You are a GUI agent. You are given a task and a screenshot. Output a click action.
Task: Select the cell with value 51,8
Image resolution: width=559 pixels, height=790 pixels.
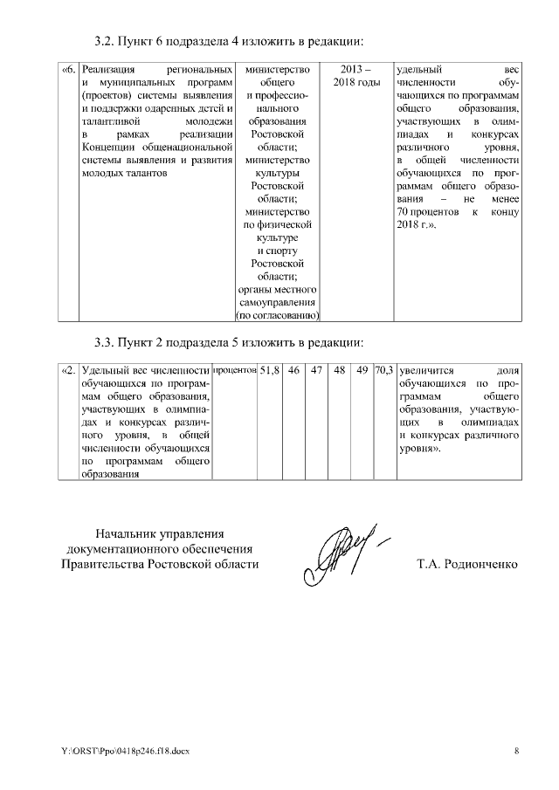[269, 370]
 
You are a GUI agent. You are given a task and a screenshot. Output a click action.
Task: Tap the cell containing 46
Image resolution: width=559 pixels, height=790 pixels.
[294, 370]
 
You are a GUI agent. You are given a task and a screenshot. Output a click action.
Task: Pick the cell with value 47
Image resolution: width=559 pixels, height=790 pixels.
[317, 370]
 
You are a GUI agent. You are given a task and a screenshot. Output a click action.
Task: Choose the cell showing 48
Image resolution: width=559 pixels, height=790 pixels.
[340, 370]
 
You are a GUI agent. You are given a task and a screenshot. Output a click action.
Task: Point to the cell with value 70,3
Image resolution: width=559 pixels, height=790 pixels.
[383, 370]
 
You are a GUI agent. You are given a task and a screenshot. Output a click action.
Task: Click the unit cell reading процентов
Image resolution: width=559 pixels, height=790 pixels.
[234, 370]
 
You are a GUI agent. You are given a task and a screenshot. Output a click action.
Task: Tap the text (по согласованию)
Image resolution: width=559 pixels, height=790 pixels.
[278, 315]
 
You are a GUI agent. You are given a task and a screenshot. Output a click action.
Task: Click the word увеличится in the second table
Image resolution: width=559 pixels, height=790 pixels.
[428, 370]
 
